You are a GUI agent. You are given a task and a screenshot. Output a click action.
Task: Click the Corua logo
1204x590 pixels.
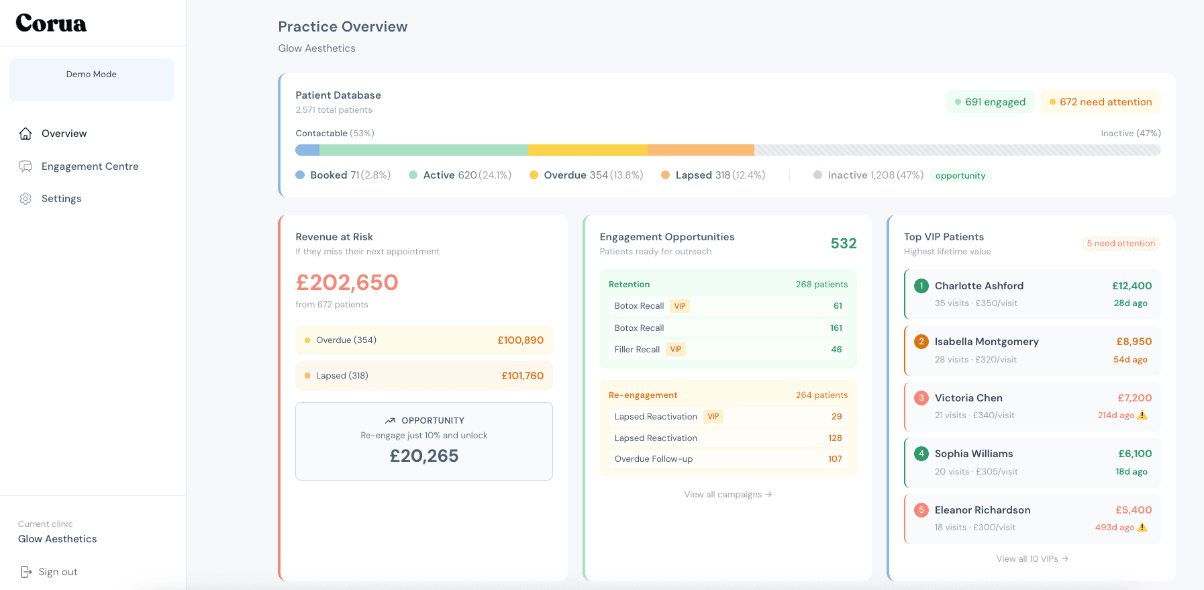pos(51,23)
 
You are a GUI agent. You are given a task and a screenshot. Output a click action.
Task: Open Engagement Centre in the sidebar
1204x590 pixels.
pos(89,166)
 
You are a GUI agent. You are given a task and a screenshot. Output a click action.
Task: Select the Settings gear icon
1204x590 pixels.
pos(26,199)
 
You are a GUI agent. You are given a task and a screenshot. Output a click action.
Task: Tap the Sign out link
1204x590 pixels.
pos(57,572)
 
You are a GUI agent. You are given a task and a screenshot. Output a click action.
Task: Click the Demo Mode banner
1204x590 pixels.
pos(91,79)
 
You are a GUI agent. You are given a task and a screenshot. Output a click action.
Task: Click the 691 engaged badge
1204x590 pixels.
pos(990,102)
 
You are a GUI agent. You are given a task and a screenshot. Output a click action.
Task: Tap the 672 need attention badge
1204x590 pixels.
pos(1100,102)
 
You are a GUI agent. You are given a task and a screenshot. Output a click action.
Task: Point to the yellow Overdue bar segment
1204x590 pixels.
pos(587,150)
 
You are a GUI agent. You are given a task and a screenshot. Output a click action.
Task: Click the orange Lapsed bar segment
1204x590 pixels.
pos(700,150)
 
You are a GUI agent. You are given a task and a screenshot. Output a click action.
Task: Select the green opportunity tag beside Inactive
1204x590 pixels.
pos(960,176)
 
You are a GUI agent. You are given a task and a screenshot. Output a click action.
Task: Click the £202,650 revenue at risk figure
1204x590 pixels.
pos(347,283)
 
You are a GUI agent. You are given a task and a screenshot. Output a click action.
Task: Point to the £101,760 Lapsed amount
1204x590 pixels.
pos(522,376)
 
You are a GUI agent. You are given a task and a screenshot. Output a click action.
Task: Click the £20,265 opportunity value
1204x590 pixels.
pos(424,456)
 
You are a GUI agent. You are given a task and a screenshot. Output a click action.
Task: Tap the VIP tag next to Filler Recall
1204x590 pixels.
pos(676,350)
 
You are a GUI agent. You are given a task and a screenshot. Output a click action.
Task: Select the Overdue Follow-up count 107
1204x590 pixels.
pos(834,459)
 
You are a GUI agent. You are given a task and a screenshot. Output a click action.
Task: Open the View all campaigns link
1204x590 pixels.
pos(728,495)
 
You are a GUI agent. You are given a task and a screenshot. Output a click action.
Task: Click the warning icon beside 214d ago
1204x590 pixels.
pos(1142,415)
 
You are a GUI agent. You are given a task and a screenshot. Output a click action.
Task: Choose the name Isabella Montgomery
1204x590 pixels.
pos(986,342)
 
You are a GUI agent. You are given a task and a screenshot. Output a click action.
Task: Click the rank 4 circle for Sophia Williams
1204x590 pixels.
pos(921,454)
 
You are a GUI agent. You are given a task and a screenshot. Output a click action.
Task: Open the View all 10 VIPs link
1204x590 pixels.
pos(1032,559)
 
